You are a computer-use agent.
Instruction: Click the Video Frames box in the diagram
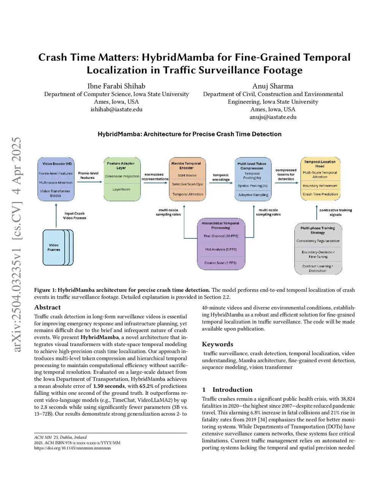[54, 248]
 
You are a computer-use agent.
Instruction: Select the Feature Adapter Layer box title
[121, 166]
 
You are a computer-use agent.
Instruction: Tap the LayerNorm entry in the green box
[122, 189]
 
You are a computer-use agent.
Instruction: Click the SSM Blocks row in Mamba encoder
[187, 175]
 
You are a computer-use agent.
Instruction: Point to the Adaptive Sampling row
[253, 195]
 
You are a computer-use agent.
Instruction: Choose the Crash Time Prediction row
[320, 194]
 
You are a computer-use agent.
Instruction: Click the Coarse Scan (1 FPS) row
[220, 263]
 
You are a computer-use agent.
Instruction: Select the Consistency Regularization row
[318, 241]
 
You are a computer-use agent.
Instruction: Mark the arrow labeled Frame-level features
[89, 182]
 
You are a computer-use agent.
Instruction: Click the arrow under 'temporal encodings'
[221, 183]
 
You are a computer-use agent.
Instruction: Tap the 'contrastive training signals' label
[335, 212]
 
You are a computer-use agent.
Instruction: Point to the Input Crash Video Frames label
[74, 216]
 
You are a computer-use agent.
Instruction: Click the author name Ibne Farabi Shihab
[116, 86]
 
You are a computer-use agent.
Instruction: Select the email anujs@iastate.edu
[273, 117]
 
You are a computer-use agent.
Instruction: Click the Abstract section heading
[47, 307]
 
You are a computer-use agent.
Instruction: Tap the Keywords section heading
[217, 344]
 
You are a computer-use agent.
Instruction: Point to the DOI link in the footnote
[72, 448]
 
